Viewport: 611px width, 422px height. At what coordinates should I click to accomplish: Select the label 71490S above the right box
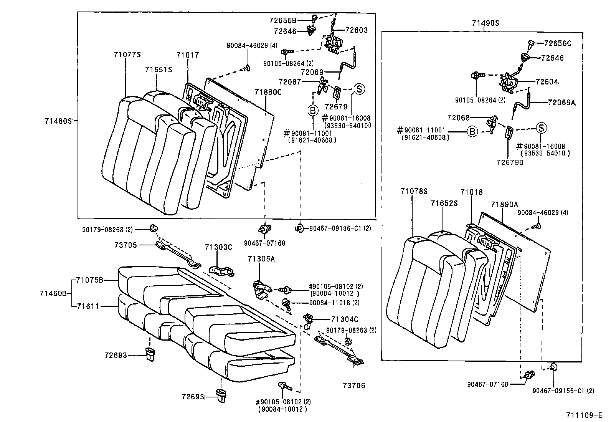485,23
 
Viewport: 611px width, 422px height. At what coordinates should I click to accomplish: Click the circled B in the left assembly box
313,110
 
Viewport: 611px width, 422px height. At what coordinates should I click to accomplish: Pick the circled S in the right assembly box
541,128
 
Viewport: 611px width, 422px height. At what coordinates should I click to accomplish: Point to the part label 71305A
262,259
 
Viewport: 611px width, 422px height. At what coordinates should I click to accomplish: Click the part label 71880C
268,92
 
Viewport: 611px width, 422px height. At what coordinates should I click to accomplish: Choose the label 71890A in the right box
504,205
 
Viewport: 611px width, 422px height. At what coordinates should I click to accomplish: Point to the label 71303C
218,247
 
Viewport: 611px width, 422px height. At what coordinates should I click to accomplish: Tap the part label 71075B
89,280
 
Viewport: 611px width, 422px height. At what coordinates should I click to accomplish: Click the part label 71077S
127,55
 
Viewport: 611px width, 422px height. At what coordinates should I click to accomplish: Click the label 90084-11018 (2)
334,303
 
